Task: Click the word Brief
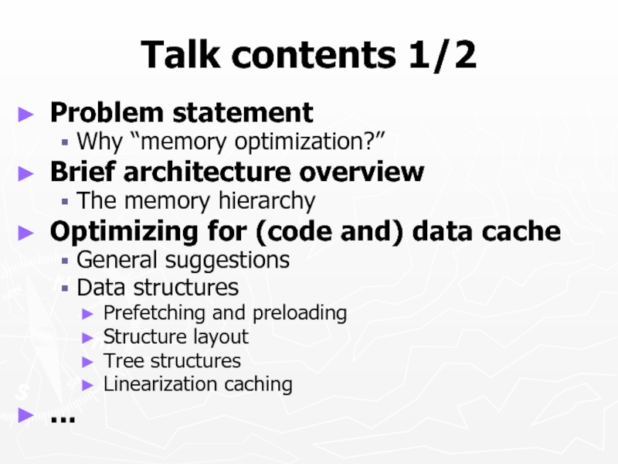pos(81,172)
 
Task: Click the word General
pos(114,260)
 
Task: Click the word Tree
pos(120,360)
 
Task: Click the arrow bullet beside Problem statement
pos(27,114)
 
